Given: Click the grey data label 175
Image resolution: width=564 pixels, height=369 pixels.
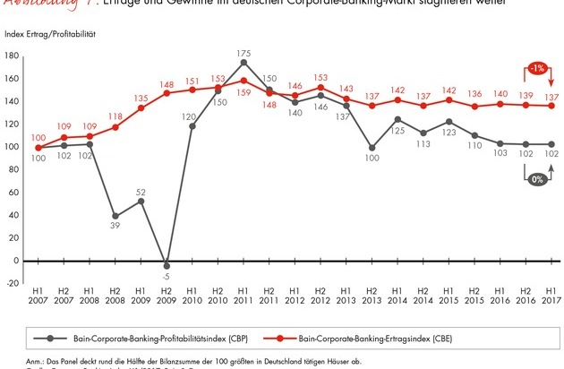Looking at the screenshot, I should click(244, 53).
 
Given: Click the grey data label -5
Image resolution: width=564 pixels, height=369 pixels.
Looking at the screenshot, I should click(167, 276).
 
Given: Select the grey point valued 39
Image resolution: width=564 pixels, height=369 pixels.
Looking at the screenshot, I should click(115, 216).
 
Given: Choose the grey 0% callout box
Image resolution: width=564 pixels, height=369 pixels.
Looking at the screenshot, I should click(534, 179).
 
